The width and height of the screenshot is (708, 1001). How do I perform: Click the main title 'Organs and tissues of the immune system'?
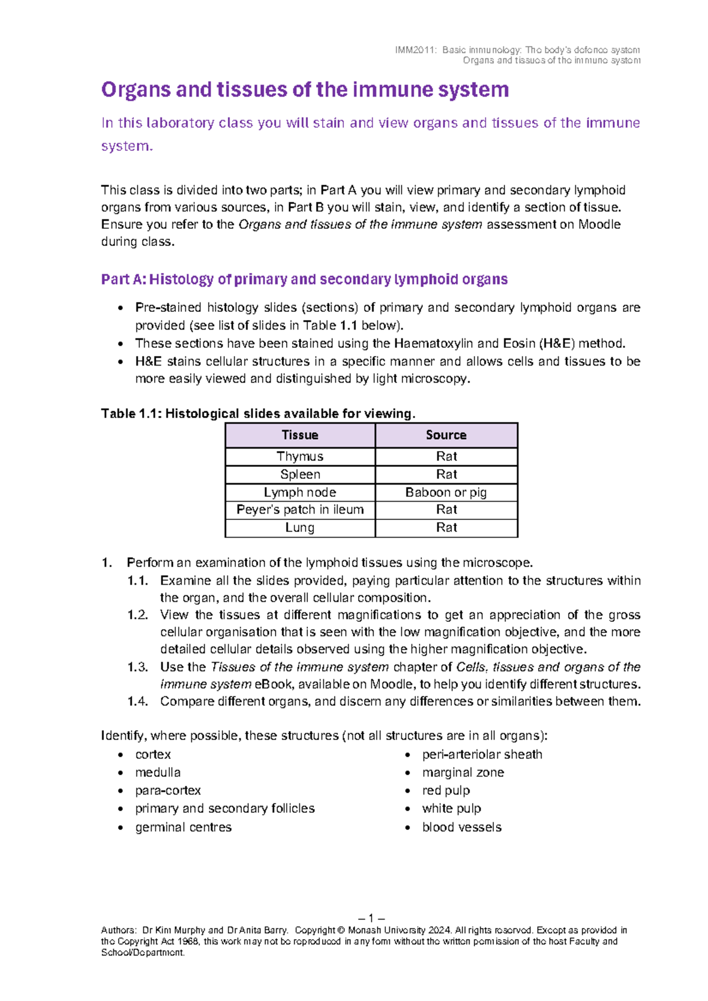click(x=305, y=90)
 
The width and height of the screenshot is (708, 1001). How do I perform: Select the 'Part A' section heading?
click(x=304, y=279)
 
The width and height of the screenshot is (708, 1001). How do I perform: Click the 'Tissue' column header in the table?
click(x=300, y=435)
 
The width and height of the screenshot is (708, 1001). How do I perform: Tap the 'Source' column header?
click(x=446, y=435)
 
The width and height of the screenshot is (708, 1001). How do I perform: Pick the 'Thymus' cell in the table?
click(x=300, y=456)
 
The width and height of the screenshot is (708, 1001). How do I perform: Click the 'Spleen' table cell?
click(x=300, y=475)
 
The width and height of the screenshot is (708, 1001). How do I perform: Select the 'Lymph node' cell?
click(x=300, y=492)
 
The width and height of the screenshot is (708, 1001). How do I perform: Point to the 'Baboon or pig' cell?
click(x=446, y=492)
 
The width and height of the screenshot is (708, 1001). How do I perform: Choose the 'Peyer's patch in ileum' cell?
click(x=300, y=509)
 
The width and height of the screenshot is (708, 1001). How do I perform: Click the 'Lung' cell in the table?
click(x=300, y=528)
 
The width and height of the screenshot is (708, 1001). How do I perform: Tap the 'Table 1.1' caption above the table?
click(x=258, y=414)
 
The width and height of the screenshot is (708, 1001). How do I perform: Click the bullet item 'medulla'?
click(x=158, y=772)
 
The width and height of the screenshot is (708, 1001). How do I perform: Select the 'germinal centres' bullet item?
click(x=183, y=827)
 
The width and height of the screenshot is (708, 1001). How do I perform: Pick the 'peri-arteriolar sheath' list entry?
click(x=482, y=755)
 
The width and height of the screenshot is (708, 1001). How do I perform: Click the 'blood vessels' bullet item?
click(x=462, y=827)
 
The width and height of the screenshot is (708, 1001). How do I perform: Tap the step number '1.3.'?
click(x=137, y=667)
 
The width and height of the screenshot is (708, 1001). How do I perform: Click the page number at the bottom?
click(x=371, y=918)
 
